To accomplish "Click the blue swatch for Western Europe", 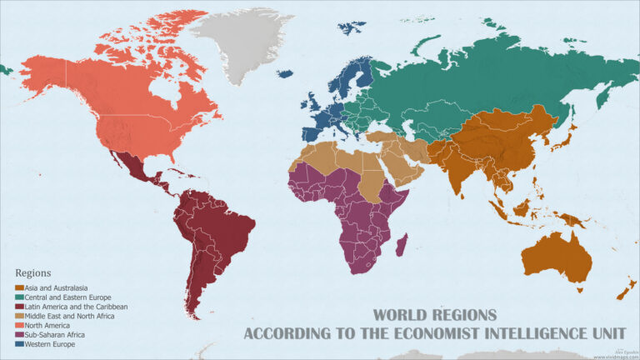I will pos(20,344).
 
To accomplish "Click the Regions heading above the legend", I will pos(33,272).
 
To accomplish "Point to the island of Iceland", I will pos(285,73).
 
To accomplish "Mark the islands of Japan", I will pos(572,137).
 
